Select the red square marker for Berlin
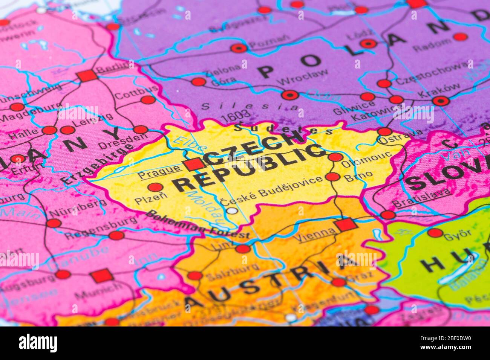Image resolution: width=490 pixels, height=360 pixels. click(x=87, y=76)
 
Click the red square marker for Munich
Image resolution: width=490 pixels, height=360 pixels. click(x=102, y=276)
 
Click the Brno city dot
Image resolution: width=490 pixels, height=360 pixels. click(x=332, y=177)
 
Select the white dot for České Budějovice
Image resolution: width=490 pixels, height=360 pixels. click(x=232, y=211)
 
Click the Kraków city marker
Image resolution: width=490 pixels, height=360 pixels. click(x=440, y=101)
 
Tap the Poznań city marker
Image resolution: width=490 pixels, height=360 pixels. click(x=239, y=48)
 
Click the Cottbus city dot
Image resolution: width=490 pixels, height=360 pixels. click(x=148, y=100)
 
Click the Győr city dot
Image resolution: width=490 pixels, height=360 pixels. click(x=435, y=233)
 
